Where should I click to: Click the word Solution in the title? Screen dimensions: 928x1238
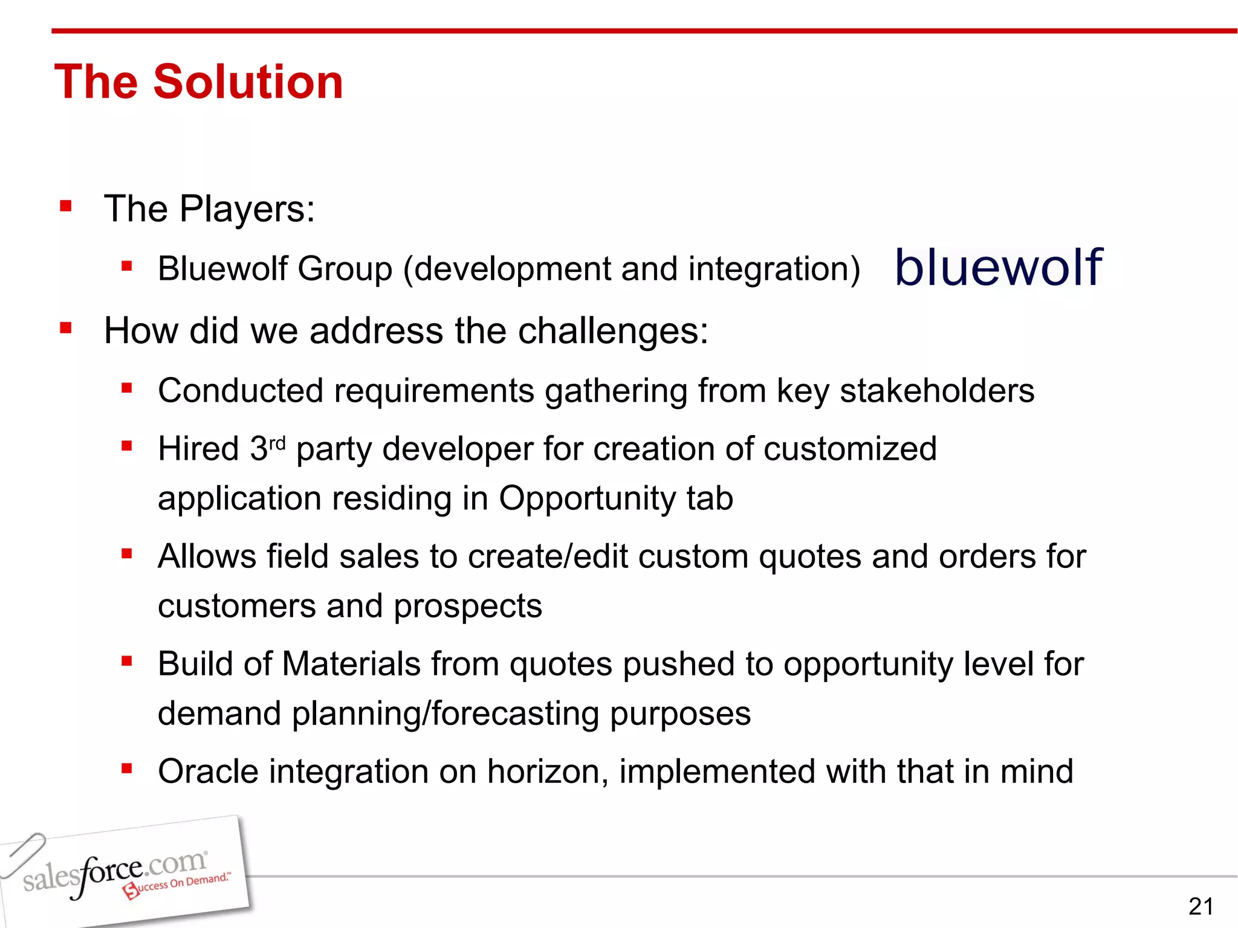coord(248,82)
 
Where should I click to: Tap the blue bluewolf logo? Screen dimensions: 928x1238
coord(999,267)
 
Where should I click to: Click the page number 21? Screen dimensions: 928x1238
coord(1201,906)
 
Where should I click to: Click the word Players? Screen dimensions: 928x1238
coord(247,209)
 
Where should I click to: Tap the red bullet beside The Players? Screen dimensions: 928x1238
coord(66,207)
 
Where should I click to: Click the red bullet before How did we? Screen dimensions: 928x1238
coord(66,329)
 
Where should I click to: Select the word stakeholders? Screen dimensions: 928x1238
coord(937,390)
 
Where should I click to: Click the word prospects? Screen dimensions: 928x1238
coord(468,606)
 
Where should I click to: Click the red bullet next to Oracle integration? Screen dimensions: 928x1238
coord(126,769)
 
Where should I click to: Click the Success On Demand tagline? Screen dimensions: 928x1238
coord(178,884)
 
